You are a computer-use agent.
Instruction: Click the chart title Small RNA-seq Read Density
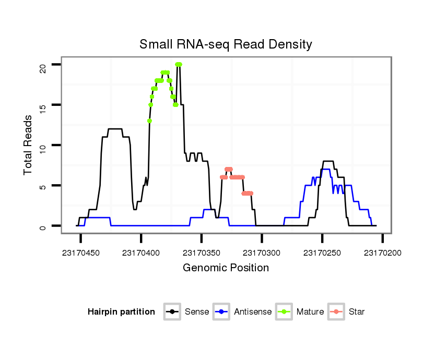click(226, 44)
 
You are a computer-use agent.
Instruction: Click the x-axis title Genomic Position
click(226, 268)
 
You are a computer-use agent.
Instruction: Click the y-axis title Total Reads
click(28, 145)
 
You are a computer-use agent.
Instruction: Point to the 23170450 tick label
click(80, 253)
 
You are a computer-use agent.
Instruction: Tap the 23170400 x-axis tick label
click(141, 253)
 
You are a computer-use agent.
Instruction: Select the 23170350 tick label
click(202, 253)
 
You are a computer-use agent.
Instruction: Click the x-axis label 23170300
click(262, 253)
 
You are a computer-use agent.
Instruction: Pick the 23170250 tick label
click(322, 253)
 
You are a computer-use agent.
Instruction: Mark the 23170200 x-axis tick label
click(383, 253)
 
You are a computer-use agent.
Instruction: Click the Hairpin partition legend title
click(121, 312)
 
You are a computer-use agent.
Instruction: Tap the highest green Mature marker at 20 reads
click(178, 64)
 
